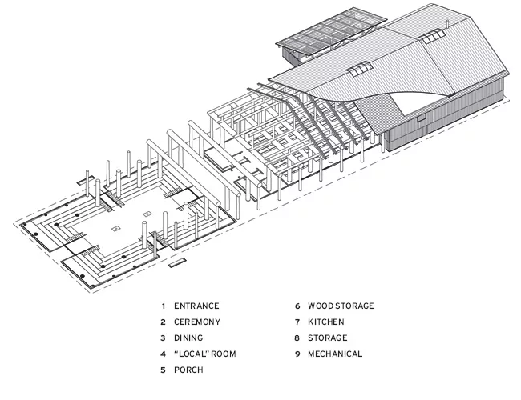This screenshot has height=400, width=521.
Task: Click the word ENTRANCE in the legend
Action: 196,306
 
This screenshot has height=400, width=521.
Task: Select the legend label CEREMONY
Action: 197,322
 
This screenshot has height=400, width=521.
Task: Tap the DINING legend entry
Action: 188,338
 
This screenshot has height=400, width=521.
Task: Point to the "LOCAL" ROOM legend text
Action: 205,354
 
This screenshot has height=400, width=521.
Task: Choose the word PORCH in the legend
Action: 188,370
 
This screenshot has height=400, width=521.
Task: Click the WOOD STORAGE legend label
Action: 341,306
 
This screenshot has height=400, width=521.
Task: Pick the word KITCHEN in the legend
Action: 326,322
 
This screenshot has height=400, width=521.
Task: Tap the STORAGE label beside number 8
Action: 328,338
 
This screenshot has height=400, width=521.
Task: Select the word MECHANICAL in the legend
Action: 335,354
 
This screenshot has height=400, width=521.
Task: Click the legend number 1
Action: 164,306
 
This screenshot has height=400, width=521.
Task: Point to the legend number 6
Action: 297,306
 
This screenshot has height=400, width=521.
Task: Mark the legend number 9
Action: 297,354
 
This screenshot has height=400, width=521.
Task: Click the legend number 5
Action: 163,370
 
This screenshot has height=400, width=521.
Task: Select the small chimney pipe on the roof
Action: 447,24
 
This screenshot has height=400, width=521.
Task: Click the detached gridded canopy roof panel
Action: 331,33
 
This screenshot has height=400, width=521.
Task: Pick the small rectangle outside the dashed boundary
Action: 176,263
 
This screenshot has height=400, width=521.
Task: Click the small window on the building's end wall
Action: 421,117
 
